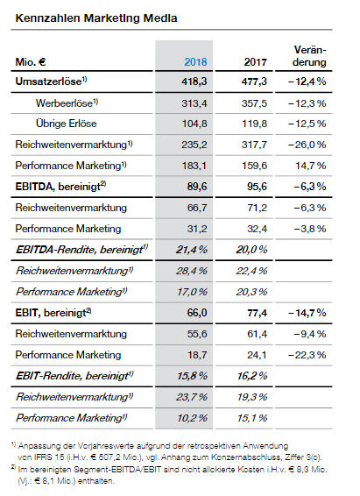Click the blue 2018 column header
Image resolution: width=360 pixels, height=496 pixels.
click(195, 61)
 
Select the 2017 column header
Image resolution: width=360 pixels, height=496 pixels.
click(256, 61)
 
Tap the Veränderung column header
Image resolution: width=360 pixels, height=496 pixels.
click(309, 56)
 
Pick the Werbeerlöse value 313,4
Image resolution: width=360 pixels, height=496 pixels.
click(194, 103)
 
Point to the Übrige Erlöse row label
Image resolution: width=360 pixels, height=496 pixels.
click(67, 124)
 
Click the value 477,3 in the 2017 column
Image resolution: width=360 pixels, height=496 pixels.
click(254, 81)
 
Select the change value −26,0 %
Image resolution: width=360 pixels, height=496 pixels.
click(307, 145)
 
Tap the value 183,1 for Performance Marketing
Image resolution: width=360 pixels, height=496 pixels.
click(194, 166)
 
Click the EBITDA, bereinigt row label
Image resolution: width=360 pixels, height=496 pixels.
click(60, 187)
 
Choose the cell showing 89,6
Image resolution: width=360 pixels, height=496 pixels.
click(197, 187)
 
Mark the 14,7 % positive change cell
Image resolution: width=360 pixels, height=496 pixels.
click(311, 166)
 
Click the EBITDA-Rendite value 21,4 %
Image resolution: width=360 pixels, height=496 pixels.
click(192, 250)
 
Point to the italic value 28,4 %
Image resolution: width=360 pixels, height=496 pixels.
click(192, 271)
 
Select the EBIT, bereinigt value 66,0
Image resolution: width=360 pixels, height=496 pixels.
click(197, 313)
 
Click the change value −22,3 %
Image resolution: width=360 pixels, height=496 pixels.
click(307, 355)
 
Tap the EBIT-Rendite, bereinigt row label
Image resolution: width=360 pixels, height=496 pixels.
click(74, 376)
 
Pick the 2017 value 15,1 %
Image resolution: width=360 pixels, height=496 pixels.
click(252, 418)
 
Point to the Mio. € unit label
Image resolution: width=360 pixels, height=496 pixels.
click(31, 61)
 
